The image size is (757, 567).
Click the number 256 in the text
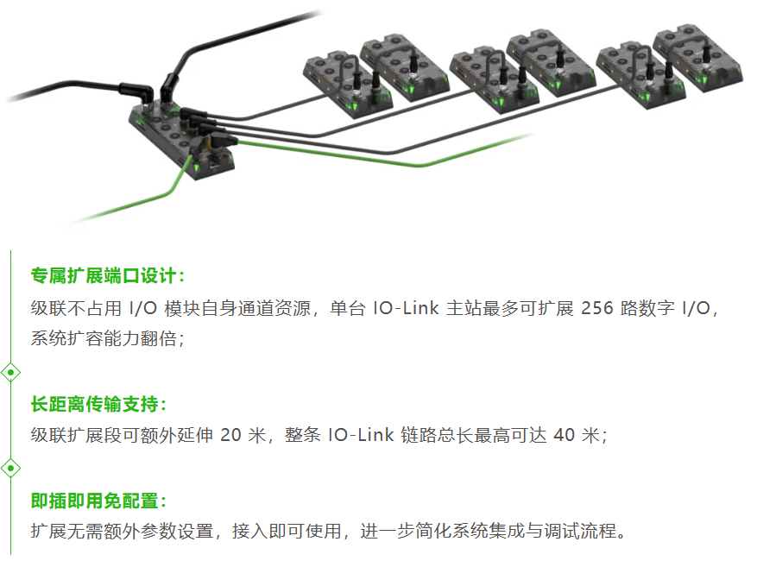[x=596, y=308]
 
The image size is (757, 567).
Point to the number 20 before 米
[x=230, y=435]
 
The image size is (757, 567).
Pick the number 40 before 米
[x=564, y=435]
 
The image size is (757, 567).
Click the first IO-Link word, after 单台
[x=406, y=308]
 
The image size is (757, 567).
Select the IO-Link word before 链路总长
[x=361, y=435]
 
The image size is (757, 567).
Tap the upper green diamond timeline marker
[x=10, y=373]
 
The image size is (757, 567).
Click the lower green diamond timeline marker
[x=10, y=468]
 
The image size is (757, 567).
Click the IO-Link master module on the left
[x=181, y=140]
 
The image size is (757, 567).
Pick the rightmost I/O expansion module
[x=697, y=58]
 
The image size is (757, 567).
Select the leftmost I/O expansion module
[x=348, y=85]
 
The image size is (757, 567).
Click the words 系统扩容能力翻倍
[x=104, y=338]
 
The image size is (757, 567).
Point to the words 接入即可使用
[x=287, y=531]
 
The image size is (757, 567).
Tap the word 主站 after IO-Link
[x=464, y=308]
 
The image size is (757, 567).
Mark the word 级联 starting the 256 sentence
[x=48, y=308]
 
